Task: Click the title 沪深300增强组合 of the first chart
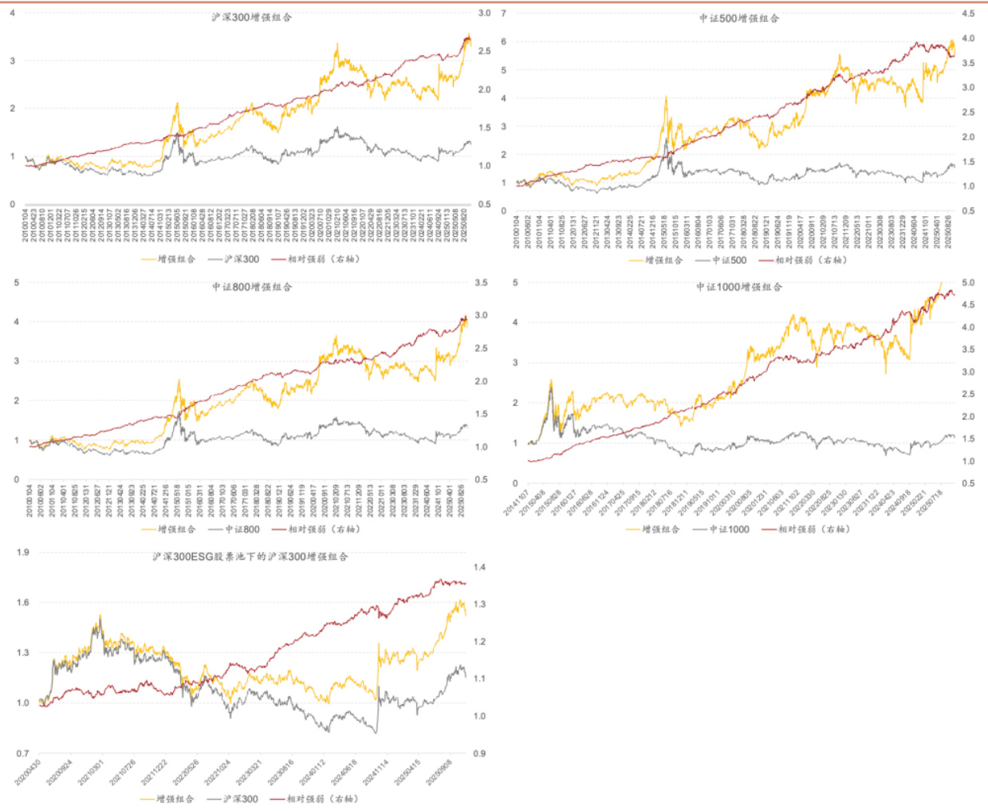pyautogui.click(x=251, y=17)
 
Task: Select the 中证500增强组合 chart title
pyautogui.click(x=739, y=18)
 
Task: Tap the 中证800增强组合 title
pyautogui.click(x=251, y=286)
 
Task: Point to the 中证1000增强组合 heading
pyautogui.click(x=739, y=286)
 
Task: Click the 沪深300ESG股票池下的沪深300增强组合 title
pyautogui.click(x=250, y=556)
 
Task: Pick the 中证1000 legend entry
pyautogui.click(x=729, y=529)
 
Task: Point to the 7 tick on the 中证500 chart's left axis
pyautogui.click(x=504, y=14)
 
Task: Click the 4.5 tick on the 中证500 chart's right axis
pyautogui.click(x=968, y=14)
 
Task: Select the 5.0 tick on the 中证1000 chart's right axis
pyautogui.click(x=968, y=282)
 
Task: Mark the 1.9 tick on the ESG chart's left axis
pyautogui.click(x=22, y=552)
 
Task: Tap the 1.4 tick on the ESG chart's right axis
pyautogui.click(x=479, y=567)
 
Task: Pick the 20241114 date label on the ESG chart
pyautogui.click(x=374, y=772)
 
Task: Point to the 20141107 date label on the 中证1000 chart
pyautogui.click(x=515, y=503)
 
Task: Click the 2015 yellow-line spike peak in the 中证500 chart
pyautogui.click(x=666, y=97)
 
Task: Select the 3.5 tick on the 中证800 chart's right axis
pyautogui.click(x=481, y=282)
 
